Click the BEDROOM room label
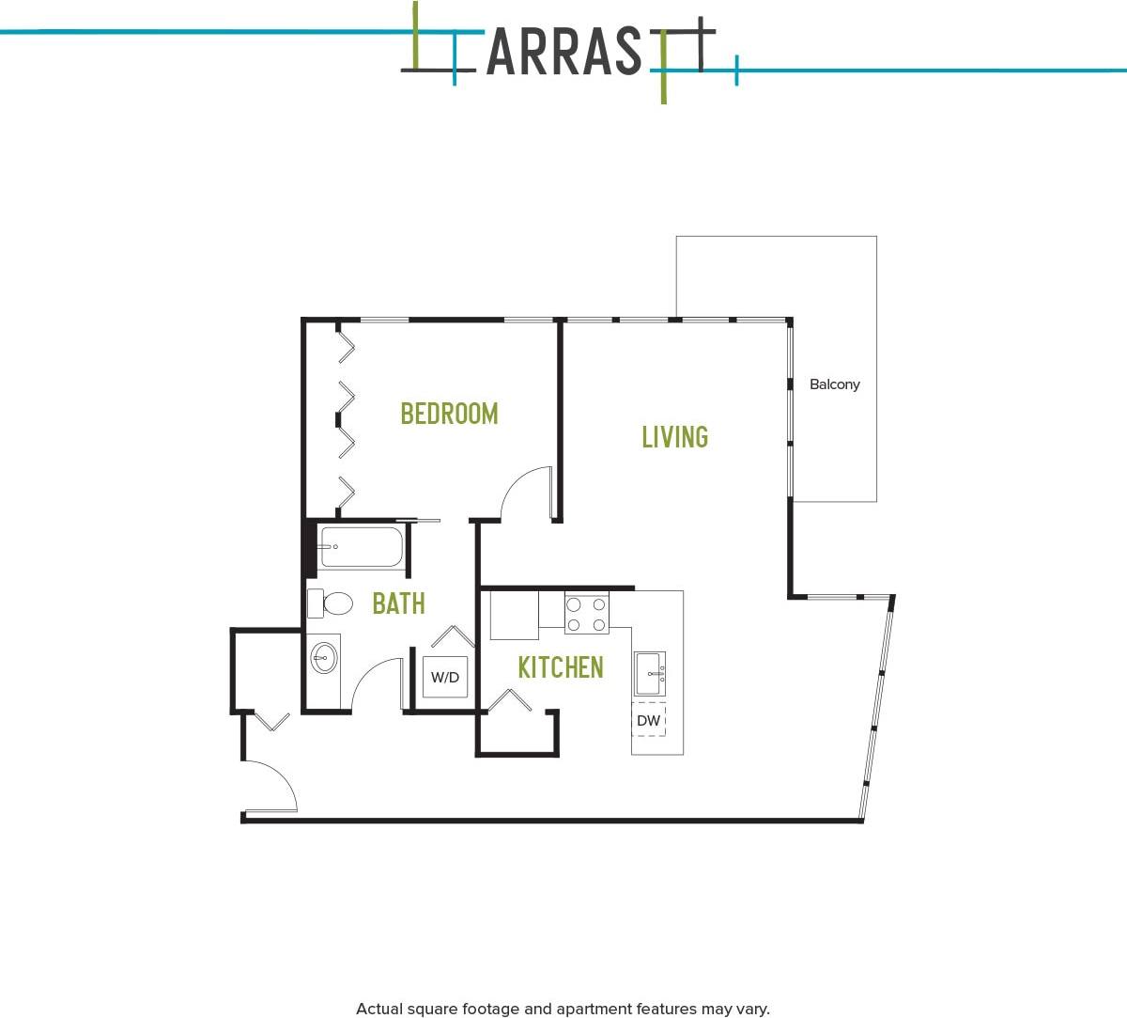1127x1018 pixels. [x=449, y=414]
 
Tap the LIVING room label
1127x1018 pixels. [x=674, y=437]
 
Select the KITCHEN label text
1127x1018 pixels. [x=561, y=667]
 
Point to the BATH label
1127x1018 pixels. [x=398, y=603]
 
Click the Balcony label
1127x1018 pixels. [x=834, y=384]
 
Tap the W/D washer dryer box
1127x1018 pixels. [x=445, y=677]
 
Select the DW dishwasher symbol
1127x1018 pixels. [x=649, y=721]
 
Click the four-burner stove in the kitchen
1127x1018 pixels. [x=587, y=615]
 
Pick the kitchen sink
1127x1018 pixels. [x=649, y=673]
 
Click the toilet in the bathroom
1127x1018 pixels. [x=330, y=603]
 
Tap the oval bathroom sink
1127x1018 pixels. [x=325, y=657]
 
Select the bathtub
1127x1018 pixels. [x=361, y=547]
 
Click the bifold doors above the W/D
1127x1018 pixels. [x=453, y=636]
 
